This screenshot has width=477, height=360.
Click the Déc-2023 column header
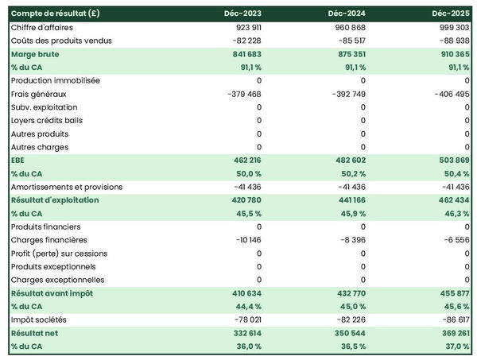[243, 14]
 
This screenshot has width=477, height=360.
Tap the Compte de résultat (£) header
[55, 14]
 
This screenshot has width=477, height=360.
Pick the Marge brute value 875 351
[349, 54]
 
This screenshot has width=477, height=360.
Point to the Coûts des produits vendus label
[61, 41]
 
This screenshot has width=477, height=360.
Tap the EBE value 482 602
[349, 161]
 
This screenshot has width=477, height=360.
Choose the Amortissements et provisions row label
[67, 187]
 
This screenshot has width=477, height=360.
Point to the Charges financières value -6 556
[452, 240]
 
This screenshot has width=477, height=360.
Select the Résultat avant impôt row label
[52, 293]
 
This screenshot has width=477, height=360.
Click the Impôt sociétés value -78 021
[243, 319]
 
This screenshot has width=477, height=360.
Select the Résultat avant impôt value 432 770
[349, 293]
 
